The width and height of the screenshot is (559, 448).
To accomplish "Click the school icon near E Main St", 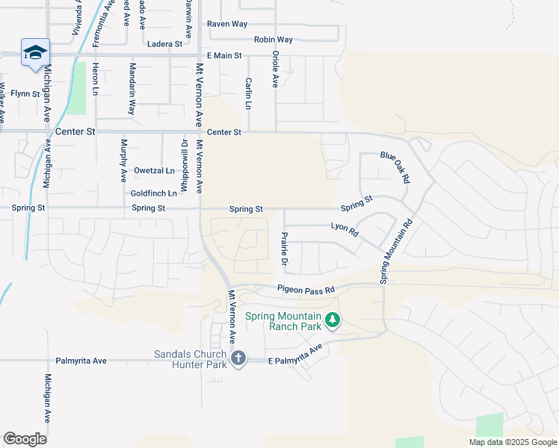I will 35,52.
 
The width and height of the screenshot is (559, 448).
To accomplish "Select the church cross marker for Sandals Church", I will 238,359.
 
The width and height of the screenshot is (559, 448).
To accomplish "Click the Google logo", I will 25,438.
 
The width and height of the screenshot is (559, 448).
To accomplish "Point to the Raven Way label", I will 227,24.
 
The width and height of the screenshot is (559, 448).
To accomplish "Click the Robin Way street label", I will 274,40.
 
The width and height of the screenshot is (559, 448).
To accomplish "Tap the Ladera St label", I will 165,44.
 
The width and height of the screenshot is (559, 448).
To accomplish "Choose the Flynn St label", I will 25,93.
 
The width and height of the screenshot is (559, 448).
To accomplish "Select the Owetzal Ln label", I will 154,170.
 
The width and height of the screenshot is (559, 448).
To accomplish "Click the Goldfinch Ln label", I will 154,193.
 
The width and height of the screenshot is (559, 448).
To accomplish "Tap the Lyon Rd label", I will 345,229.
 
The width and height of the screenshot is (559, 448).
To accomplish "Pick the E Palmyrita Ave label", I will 295,355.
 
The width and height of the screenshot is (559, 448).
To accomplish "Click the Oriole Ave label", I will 275,71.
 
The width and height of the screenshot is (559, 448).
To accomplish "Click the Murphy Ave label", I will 124,161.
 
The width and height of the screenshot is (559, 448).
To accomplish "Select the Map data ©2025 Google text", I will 512,442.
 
